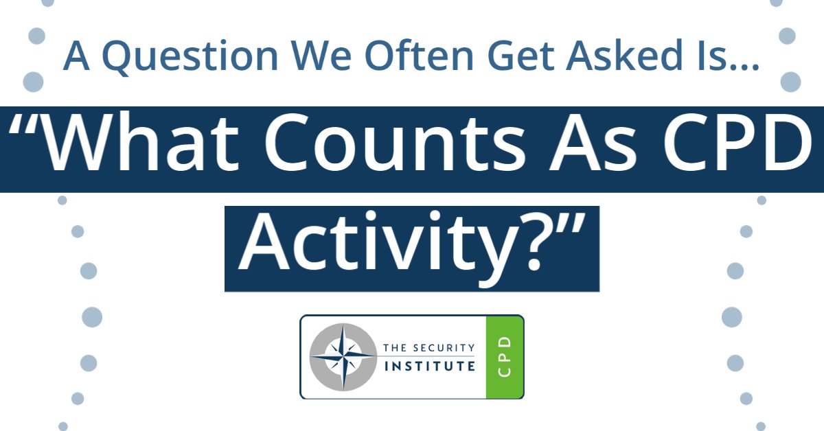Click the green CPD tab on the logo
pos(505,357)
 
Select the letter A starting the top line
pos(76,56)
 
